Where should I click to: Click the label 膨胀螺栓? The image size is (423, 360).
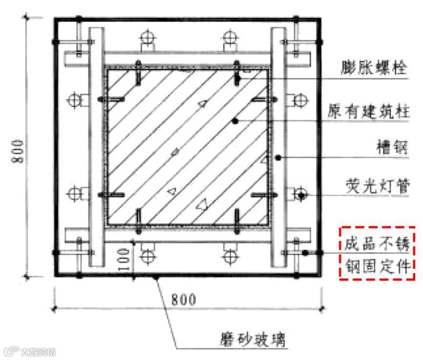pyautogui.click(x=374, y=69)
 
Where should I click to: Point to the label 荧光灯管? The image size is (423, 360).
pyautogui.click(x=374, y=186)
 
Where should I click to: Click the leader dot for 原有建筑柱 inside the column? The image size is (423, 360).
pyautogui.click(x=235, y=120)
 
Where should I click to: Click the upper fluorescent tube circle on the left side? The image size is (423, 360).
pyautogui.click(x=74, y=100)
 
